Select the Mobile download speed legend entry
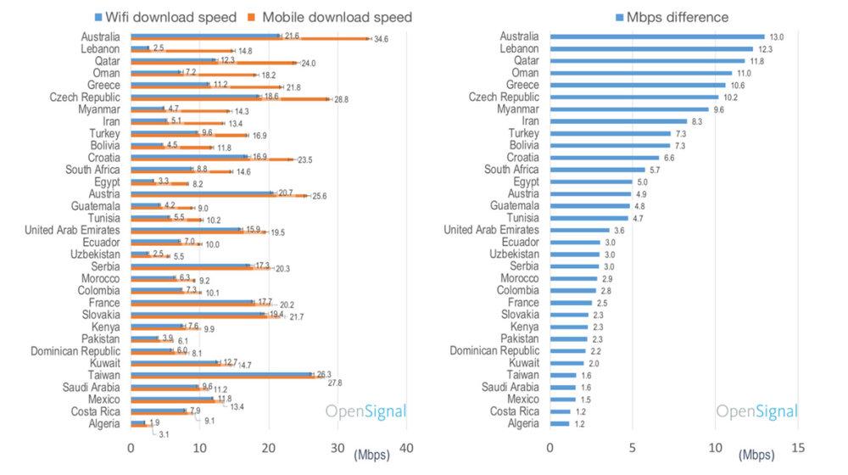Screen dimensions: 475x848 point(337,16)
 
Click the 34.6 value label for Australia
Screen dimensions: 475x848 point(381,40)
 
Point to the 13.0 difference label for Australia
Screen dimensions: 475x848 point(776,37)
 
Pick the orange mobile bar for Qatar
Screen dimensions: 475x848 point(212,63)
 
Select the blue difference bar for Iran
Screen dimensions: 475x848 point(618,121)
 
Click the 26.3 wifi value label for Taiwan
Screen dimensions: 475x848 point(326,374)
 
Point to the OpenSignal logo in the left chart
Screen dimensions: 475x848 point(366,412)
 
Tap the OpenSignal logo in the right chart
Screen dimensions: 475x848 point(756,412)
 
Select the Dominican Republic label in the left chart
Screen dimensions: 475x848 point(75,350)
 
